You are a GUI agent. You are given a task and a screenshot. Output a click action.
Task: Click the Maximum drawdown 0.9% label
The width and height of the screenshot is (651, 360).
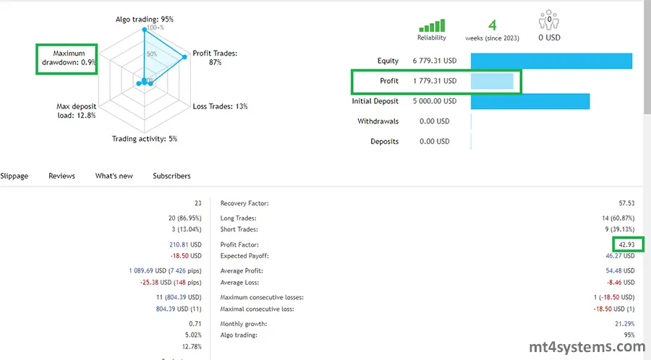tap(68, 58)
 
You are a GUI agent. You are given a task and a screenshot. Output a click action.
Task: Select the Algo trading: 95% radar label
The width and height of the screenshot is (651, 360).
tap(145, 19)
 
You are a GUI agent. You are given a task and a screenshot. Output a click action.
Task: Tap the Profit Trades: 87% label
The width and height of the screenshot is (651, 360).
tap(215, 58)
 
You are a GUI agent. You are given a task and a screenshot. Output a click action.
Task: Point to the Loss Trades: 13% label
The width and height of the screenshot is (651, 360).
tap(221, 106)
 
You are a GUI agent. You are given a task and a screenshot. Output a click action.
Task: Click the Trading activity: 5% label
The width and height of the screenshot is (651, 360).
tap(144, 139)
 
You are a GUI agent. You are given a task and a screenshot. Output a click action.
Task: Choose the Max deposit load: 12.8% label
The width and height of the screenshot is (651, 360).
tap(76, 111)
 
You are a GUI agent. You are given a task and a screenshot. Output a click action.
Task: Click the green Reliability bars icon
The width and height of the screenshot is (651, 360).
tap(432, 25)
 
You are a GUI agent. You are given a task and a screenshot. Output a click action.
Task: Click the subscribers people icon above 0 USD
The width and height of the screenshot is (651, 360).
tap(549, 20)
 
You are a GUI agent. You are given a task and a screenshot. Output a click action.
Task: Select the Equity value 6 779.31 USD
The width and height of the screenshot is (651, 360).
tap(435, 61)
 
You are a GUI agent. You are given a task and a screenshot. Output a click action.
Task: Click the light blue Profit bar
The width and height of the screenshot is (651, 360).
tap(492, 81)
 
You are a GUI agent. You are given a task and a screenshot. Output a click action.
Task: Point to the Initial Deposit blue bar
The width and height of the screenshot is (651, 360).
tap(530, 101)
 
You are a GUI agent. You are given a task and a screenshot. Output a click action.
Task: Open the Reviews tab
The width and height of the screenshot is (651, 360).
tap(61, 176)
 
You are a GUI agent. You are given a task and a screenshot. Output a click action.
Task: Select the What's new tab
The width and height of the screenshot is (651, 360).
tap(114, 176)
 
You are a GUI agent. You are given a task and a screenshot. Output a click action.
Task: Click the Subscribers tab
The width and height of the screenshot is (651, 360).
tap(171, 176)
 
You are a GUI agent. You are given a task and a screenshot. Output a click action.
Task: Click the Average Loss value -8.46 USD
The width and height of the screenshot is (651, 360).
tap(620, 283)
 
